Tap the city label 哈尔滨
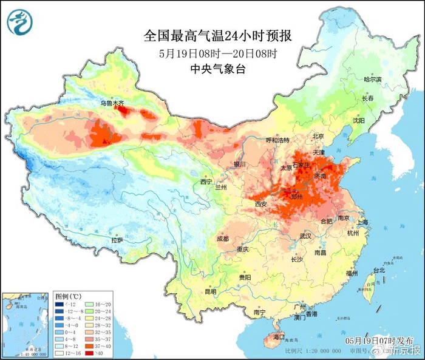(372, 80)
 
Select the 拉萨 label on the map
(117, 240)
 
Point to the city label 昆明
(210, 291)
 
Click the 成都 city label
(223, 239)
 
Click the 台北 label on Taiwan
(378, 270)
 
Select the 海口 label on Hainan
(279, 336)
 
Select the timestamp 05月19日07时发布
(377, 341)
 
